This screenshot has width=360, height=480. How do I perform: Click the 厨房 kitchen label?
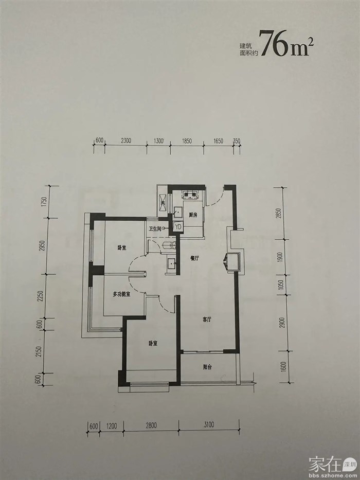(x=193, y=215)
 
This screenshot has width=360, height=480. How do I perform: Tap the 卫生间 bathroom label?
(x=155, y=228)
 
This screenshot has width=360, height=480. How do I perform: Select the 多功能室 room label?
(x=121, y=294)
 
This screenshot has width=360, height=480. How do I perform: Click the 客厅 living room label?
(x=207, y=319)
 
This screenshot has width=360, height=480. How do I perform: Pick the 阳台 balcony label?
(x=208, y=367)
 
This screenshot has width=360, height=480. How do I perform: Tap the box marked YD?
(x=178, y=226)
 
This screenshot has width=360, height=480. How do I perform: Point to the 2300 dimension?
(x=126, y=141)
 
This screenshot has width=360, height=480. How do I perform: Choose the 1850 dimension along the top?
(x=186, y=141)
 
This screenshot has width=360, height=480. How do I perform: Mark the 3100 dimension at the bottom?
(x=208, y=424)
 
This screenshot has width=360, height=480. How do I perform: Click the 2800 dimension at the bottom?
(x=151, y=425)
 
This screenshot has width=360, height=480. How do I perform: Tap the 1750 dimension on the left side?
(x=44, y=202)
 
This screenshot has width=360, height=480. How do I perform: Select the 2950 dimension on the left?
(x=43, y=246)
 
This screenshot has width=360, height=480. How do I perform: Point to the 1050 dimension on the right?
(x=282, y=286)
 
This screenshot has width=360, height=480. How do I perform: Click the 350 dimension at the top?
(x=237, y=141)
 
